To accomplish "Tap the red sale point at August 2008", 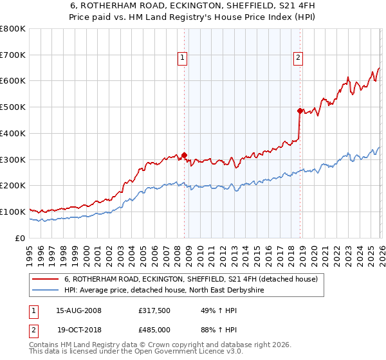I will pos(184,154).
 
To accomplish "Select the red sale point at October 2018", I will pos(300,111).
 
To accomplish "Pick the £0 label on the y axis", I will pos(21,238).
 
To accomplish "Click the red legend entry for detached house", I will pos(191,280).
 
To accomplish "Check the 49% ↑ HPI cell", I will pos(213,310).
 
